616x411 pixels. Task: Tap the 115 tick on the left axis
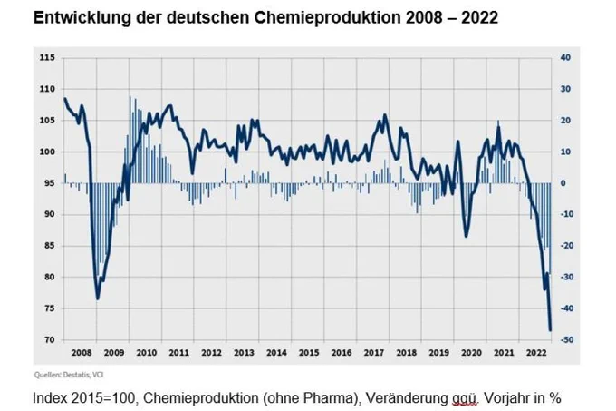[x=44, y=58]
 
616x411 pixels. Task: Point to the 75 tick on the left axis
[x=46, y=308]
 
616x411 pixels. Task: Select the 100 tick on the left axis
[x=44, y=152]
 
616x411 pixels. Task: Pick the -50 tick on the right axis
[x=566, y=340]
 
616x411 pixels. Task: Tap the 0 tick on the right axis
[x=563, y=183]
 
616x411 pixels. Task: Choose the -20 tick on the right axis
[x=566, y=246]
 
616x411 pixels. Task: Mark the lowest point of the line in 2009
[x=98, y=298]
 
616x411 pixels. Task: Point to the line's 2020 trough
[x=466, y=237]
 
